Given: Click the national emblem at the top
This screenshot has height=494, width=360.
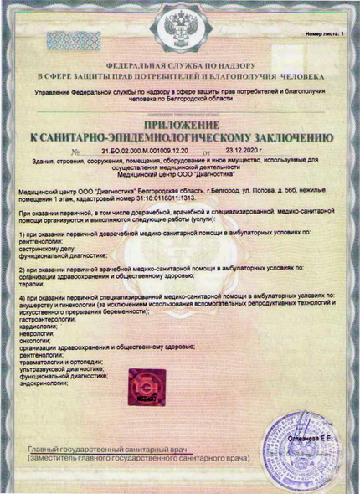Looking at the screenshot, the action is click(x=180, y=32).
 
